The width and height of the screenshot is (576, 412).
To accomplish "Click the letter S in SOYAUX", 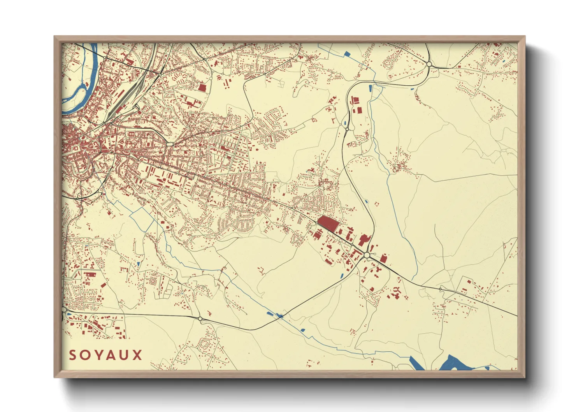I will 73,355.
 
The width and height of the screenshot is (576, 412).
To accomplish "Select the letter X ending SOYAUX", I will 137,355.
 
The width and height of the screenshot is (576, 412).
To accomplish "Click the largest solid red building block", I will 328,224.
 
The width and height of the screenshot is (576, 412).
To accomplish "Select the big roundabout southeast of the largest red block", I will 367,255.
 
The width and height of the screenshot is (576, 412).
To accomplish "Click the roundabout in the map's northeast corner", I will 429,64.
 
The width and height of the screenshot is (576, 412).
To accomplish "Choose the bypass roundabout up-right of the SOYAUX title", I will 200,319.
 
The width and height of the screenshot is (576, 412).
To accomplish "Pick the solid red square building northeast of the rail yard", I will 202,87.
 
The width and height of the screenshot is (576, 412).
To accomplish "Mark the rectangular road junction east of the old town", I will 170,144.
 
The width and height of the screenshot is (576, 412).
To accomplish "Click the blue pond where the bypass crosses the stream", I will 279,316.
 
